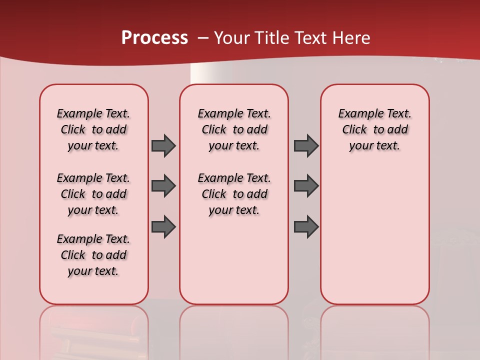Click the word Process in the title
point(154,37)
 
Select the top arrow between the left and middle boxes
point(163,145)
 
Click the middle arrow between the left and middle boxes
point(163,186)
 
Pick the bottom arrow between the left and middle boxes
point(163,226)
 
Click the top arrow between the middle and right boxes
point(306,145)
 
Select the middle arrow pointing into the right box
point(306,186)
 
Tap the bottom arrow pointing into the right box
point(306,226)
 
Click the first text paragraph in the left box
point(93,129)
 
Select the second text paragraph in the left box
point(93,194)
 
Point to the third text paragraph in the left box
point(93,255)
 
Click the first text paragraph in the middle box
point(234,129)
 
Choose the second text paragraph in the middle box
point(234,194)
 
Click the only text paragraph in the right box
point(375,129)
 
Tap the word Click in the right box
point(354,130)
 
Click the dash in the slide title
point(203,37)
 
